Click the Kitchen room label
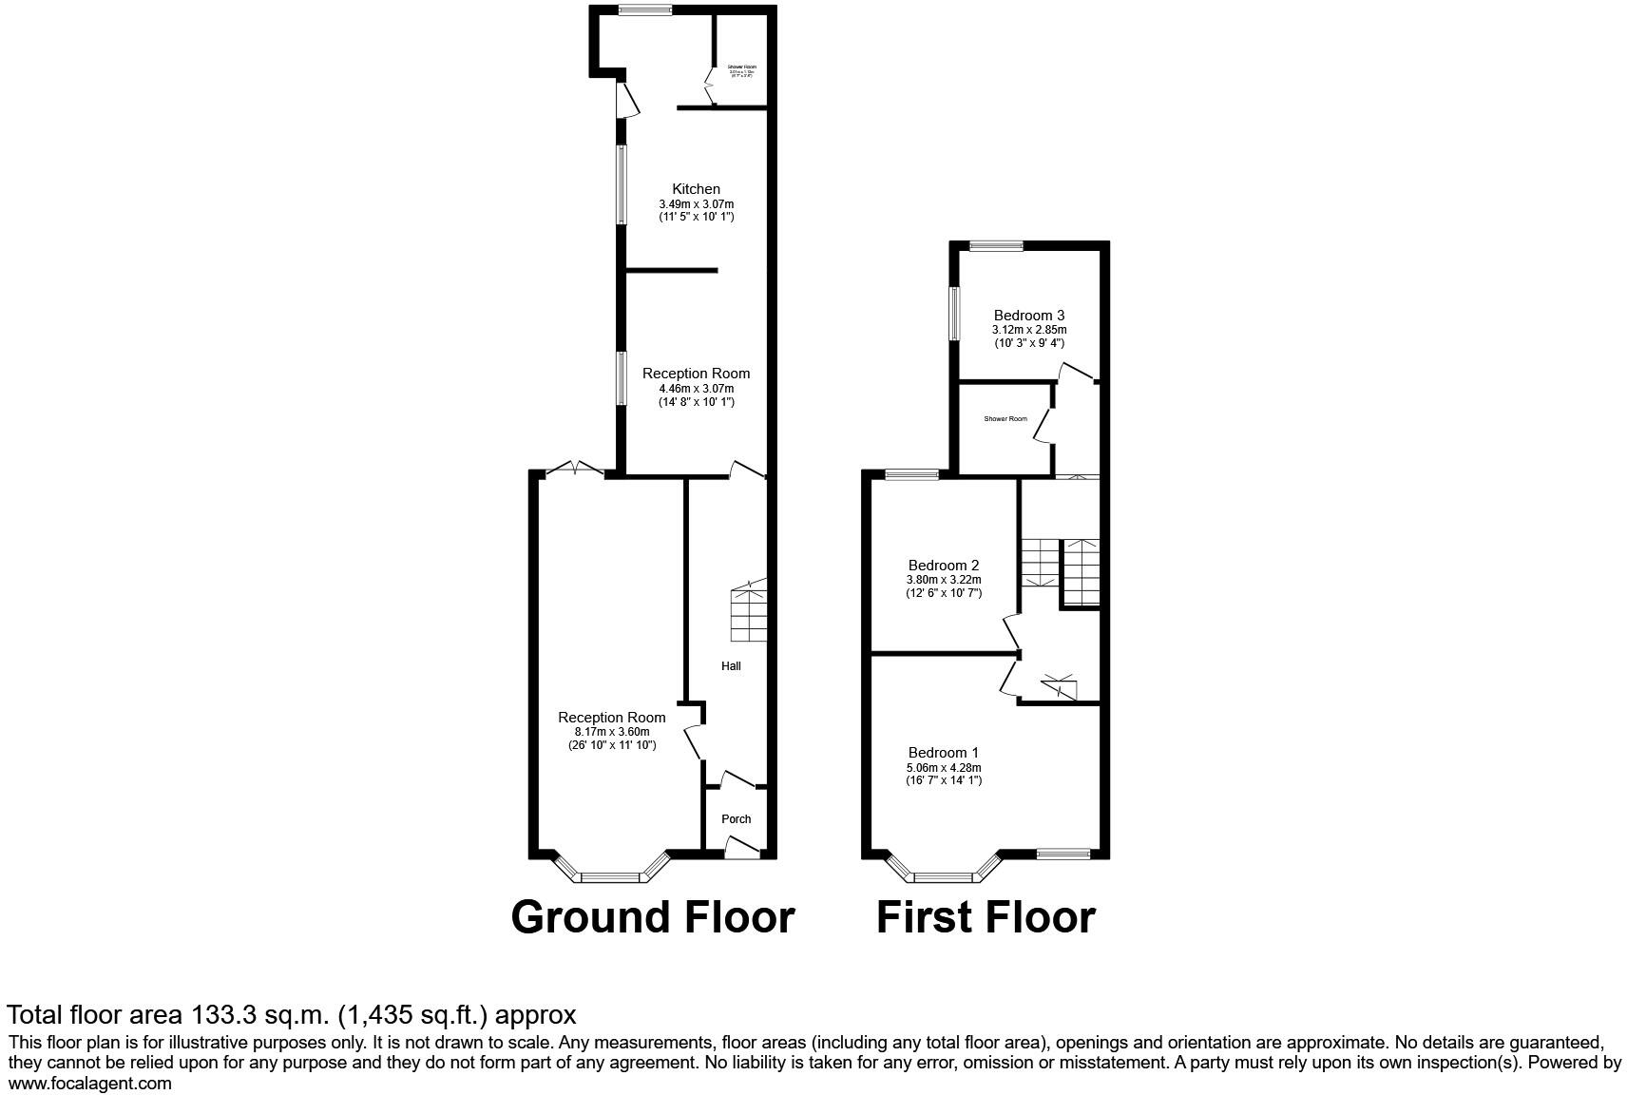coord(696,189)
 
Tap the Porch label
coord(736,818)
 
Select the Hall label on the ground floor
coord(730,666)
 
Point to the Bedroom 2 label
coord(943,566)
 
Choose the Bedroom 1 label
coord(943,753)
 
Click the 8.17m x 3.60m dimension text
coord(611,732)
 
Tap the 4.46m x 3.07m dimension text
coord(696,389)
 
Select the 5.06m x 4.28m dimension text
coord(943,768)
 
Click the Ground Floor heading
coord(652,917)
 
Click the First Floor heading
coord(985,917)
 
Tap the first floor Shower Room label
coord(1005,419)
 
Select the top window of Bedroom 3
coord(996,246)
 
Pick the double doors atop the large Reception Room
coord(576,469)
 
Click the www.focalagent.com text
coord(89,1083)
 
